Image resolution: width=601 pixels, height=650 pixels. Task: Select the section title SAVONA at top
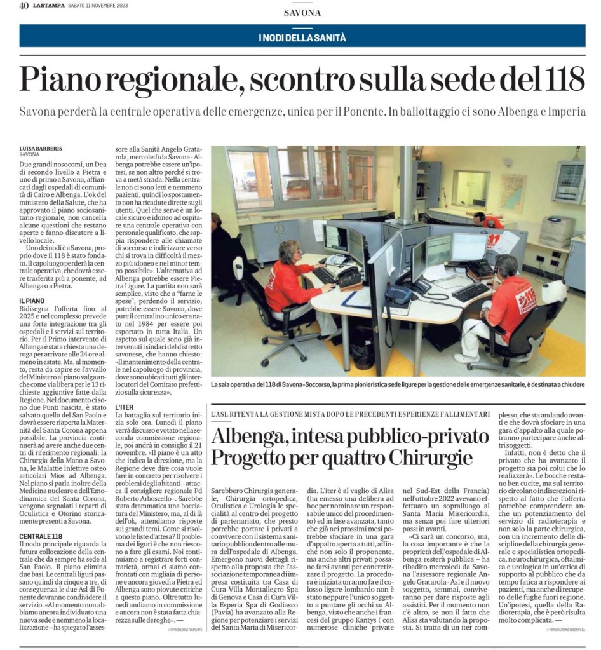[x=302, y=13]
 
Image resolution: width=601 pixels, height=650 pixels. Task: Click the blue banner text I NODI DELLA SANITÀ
[x=302, y=37]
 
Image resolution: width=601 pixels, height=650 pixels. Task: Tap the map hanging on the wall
[x=511, y=191]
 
